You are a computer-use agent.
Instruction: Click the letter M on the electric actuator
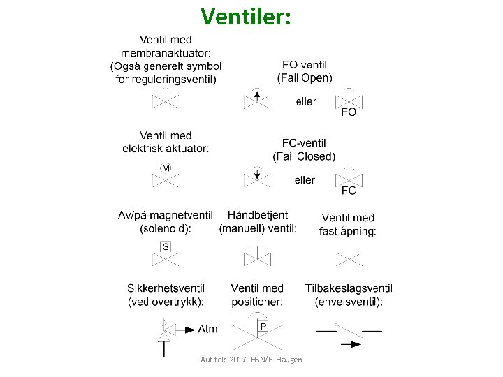pos(166,168)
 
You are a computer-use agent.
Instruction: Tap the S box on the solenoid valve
pos(166,246)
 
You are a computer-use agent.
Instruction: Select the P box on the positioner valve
pos(263,326)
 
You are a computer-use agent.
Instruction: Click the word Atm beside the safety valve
pos(208,329)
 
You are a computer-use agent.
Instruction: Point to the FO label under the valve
pos(349,112)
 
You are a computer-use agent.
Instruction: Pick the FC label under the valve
pos(349,191)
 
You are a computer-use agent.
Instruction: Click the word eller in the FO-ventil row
pos(306,102)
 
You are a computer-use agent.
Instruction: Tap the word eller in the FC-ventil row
pos(305,180)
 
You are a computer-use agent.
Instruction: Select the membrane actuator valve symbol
pos(166,100)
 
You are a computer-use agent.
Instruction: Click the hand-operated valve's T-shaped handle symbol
pos(256,250)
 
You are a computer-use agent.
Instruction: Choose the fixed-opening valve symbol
pos(349,259)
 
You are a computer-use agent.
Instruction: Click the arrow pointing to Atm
pos(185,329)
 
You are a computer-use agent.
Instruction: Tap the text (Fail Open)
pos(305,77)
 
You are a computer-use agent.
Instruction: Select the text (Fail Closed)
pos(304,156)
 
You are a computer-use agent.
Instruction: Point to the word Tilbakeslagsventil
pos(349,288)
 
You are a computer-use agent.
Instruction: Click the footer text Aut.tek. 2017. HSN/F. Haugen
pos(251,360)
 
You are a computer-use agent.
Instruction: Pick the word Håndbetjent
pos(258,215)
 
